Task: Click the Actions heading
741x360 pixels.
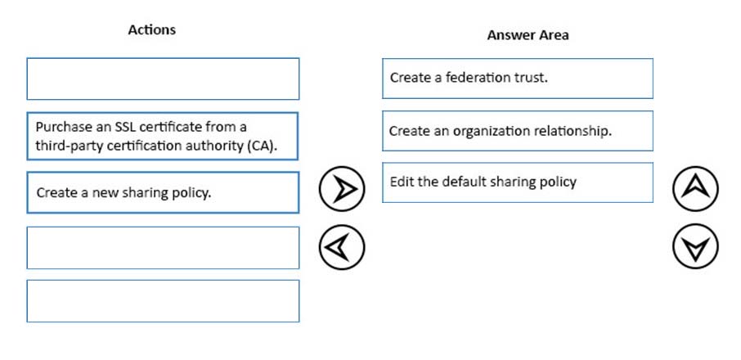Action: (151, 29)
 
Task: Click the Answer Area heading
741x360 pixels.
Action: (528, 35)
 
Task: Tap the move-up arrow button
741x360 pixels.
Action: (695, 188)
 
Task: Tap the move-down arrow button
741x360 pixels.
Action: (695, 246)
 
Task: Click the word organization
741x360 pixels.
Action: (492, 132)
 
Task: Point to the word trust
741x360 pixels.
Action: (530, 78)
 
